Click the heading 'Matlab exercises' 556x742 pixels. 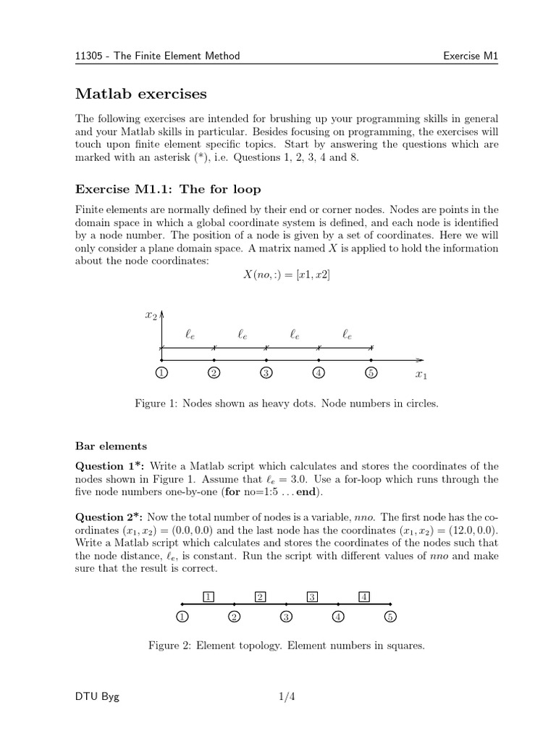pos(141,94)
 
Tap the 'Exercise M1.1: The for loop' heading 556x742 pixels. pos(168,189)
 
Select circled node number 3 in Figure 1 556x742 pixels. pos(266,373)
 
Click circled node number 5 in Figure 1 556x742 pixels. pos(371,373)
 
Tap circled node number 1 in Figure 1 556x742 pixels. pos(161,373)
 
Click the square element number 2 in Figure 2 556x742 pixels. pos(261,597)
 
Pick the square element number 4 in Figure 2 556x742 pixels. pos(365,597)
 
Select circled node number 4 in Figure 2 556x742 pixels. pos(339,617)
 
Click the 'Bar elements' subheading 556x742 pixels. pos(111,446)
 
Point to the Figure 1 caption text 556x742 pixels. pos(287,404)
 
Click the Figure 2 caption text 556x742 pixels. pos(286,644)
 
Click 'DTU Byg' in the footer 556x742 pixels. pos(98,697)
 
